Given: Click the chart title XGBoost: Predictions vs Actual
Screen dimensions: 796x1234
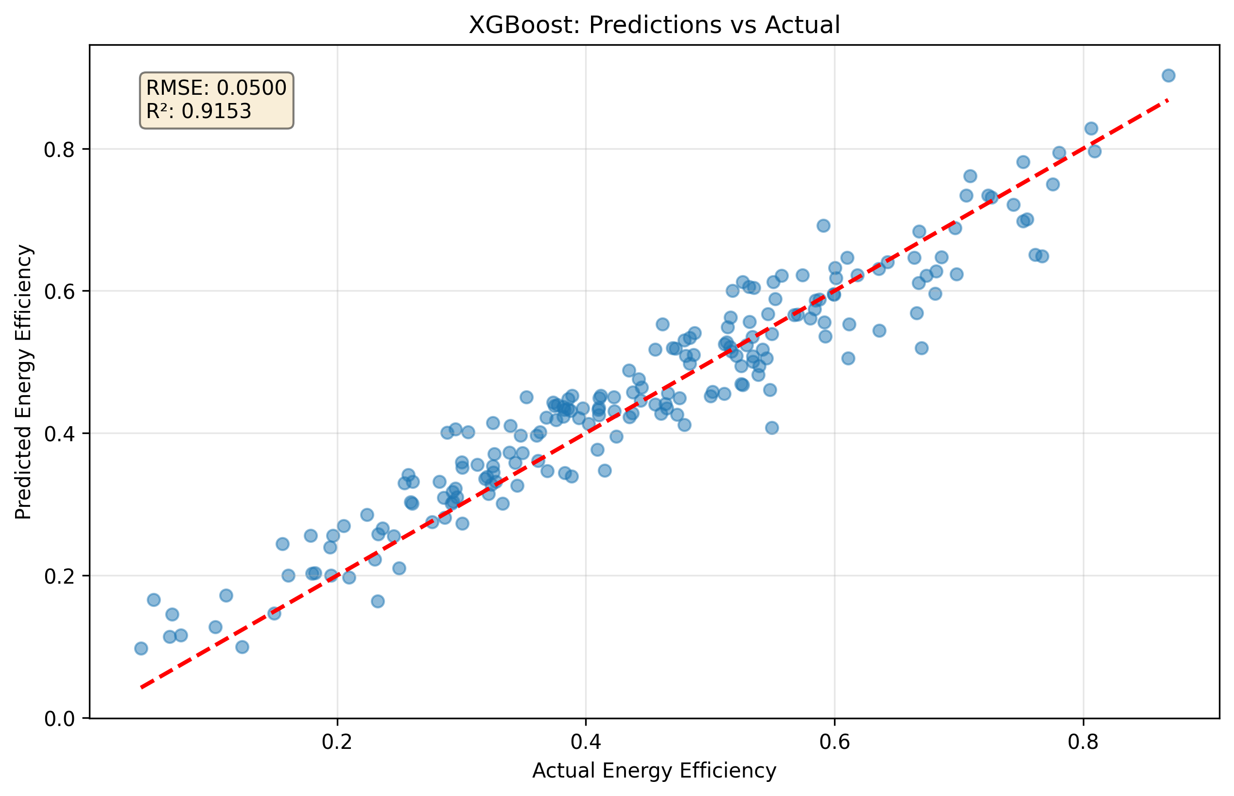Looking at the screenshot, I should [654, 25].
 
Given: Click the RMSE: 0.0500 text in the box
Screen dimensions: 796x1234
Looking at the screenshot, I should [216, 88].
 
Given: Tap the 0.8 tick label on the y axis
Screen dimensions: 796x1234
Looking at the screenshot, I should [59, 150].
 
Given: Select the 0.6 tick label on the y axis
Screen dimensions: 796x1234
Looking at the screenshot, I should [59, 292].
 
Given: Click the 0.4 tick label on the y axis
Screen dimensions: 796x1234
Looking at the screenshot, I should [59, 434].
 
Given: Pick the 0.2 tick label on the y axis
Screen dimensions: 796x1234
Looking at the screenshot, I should [59, 576].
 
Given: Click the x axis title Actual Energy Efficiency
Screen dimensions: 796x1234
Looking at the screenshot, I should [654, 771].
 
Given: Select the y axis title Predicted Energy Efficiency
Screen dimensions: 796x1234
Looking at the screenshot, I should [24, 382].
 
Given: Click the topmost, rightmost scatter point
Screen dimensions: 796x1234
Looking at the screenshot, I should [1168, 75].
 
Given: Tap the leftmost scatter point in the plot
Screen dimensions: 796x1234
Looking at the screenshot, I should [141, 648].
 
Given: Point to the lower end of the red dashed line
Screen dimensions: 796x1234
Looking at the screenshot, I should [141, 688].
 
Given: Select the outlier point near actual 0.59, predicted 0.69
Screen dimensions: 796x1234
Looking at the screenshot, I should [823, 225].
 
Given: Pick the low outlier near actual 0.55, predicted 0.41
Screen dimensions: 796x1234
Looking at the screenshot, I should [772, 428].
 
